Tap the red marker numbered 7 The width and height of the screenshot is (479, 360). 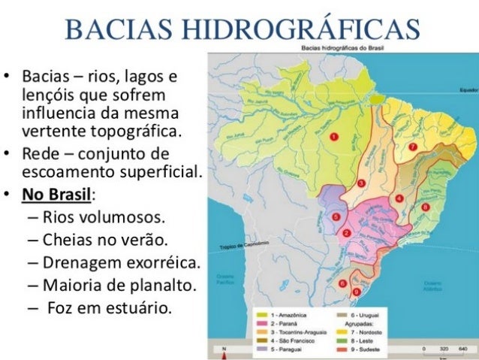click(412, 146)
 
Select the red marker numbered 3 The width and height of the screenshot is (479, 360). click(361, 183)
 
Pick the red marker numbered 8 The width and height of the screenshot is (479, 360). click(426, 206)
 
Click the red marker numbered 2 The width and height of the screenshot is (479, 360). click(346, 233)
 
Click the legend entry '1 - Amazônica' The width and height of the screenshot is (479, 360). click(282, 310)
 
